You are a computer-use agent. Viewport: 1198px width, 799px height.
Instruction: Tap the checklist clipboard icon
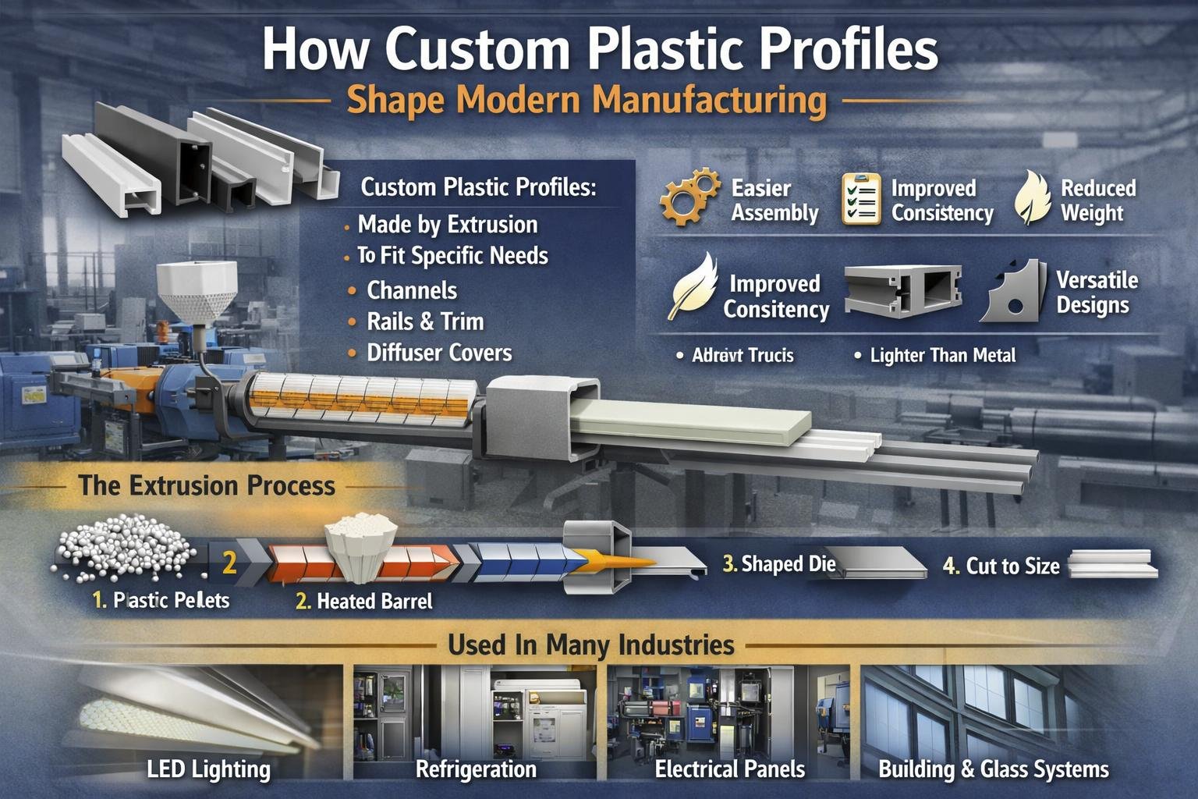click(861, 200)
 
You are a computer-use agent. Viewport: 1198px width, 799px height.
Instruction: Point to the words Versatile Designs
click(1096, 293)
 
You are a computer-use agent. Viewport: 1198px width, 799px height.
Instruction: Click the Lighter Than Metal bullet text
click(942, 356)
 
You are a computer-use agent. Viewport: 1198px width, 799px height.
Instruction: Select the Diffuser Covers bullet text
click(439, 353)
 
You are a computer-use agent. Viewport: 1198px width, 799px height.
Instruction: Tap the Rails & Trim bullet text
click(425, 321)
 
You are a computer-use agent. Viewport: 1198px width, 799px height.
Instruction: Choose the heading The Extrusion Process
click(207, 486)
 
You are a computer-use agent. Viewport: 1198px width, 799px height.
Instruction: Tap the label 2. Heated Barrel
click(364, 602)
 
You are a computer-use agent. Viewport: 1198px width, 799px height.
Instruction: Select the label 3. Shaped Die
click(779, 564)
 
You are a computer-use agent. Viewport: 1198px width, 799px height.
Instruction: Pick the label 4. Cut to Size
click(1001, 566)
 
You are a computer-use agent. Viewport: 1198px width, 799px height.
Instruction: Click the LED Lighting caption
click(208, 770)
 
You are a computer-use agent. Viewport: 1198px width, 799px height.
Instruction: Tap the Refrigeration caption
click(476, 770)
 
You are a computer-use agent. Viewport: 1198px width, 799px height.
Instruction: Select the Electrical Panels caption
click(729, 770)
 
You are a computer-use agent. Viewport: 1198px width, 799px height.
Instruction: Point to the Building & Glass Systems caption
click(993, 770)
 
